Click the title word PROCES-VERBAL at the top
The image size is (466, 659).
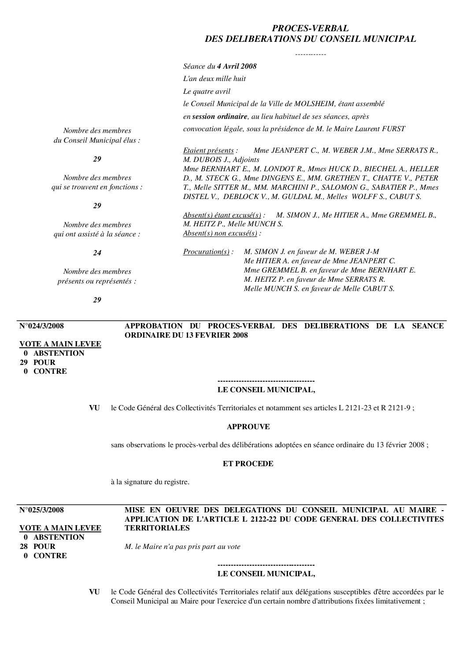tap(310, 29)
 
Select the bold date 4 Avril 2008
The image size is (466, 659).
tap(237, 66)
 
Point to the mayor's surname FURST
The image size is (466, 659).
tap(394, 129)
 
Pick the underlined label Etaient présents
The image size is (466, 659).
tap(209, 150)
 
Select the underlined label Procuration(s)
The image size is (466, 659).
tap(207, 252)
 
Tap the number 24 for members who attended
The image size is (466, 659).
tap(97, 253)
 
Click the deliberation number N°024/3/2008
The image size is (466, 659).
tap(42, 326)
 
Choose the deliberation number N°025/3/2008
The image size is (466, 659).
tap(42, 510)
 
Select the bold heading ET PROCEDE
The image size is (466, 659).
tap(248, 464)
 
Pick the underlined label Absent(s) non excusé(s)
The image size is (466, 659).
tap(220, 233)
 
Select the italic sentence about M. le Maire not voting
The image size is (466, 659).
tap(183, 547)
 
